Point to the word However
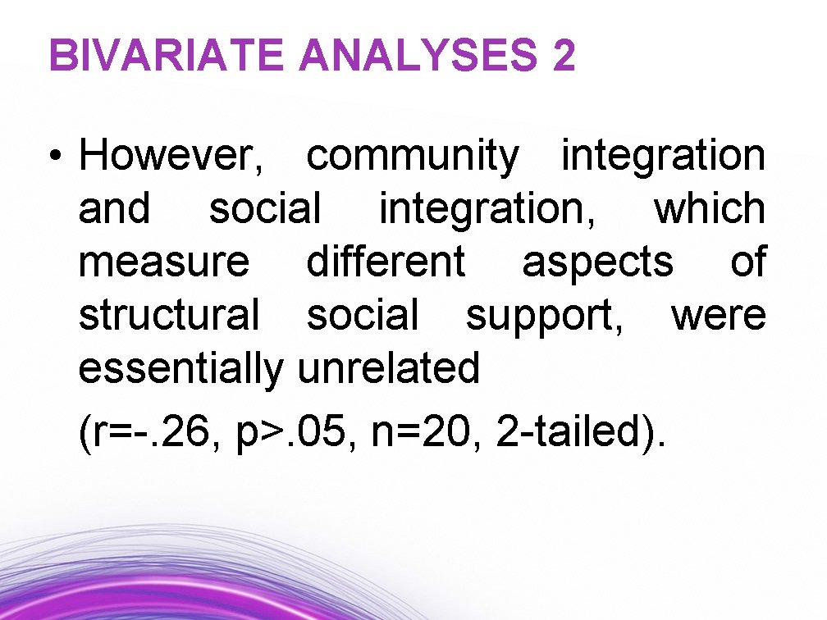171,157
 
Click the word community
413,157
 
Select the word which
709,210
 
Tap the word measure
163,263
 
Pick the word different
386,263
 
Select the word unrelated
388,369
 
